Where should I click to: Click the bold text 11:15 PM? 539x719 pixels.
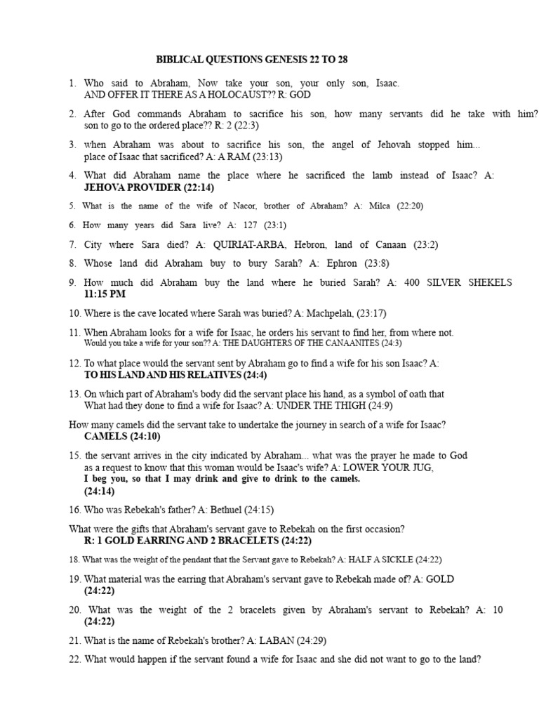pos(105,293)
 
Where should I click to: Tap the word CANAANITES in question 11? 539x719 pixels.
pos(348,343)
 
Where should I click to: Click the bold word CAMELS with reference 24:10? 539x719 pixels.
pos(105,436)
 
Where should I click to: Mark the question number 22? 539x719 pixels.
pos(74,660)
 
